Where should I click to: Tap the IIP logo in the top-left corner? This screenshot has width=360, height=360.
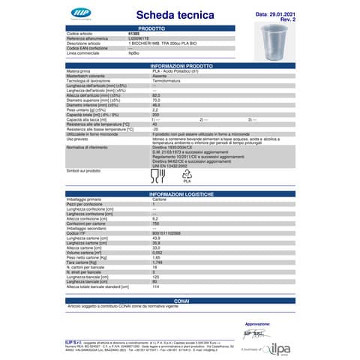pos(78,13)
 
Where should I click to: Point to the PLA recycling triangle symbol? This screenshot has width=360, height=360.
pos(188,177)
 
